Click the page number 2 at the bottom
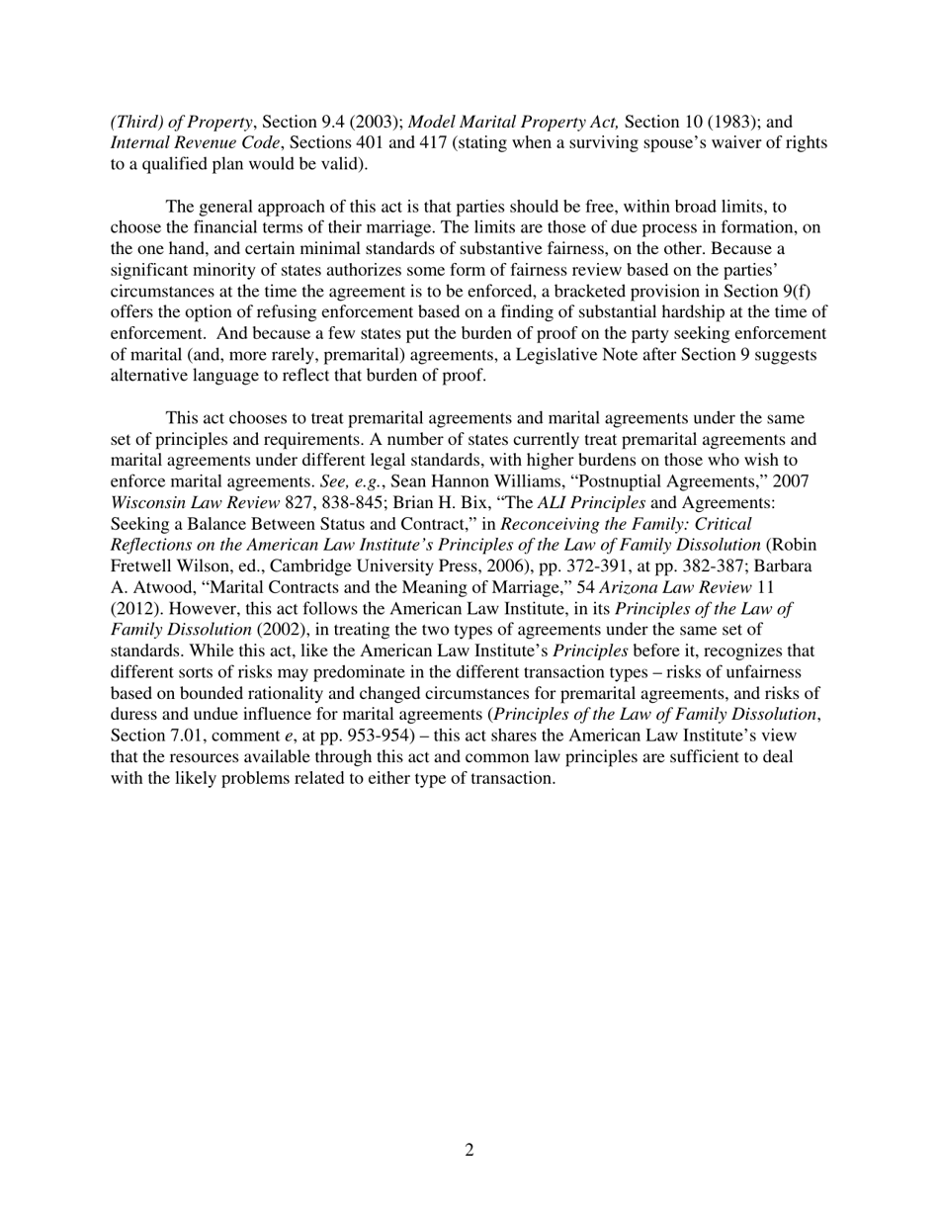coord(469,1150)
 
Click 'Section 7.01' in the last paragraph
coord(156,736)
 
